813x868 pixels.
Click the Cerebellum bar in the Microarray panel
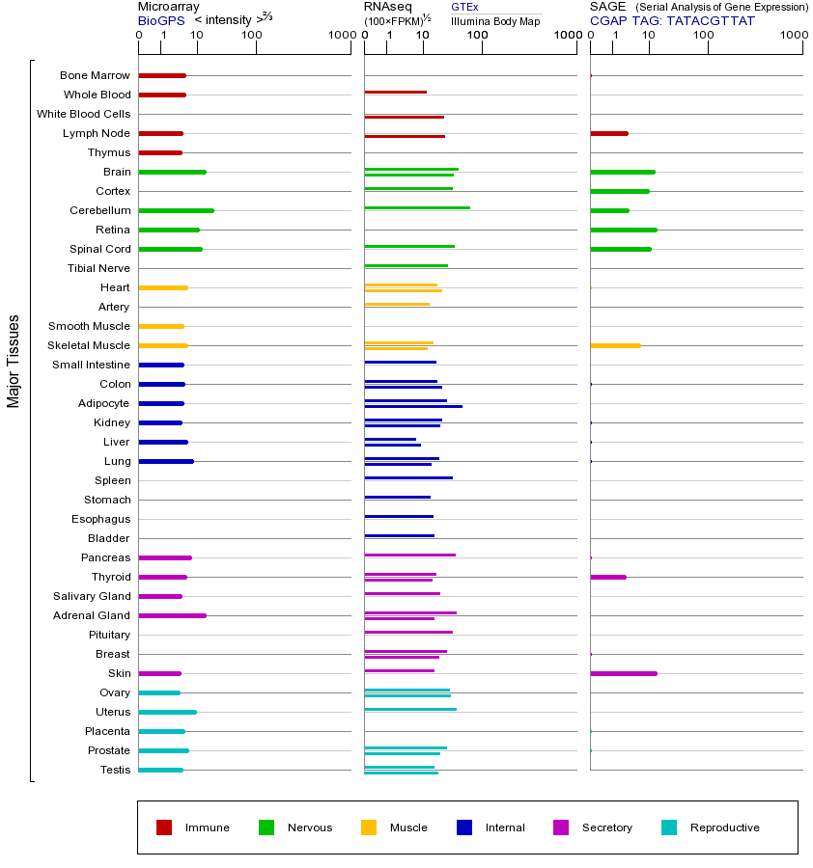click(176, 210)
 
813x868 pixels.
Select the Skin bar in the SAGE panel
click(623, 673)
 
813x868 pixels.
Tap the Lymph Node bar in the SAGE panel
click(608, 133)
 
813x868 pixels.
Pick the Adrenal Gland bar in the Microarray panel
click(172, 615)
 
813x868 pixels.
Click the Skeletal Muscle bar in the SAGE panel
click(615, 345)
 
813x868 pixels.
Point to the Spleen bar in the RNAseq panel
click(407, 477)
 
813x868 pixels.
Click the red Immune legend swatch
click(164, 827)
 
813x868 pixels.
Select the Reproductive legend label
click(724, 827)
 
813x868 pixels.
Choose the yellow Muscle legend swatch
click(369, 827)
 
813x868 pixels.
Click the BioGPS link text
click(159, 19)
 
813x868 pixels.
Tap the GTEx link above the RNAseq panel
click(464, 7)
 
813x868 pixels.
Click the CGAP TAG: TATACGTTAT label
click(672, 20)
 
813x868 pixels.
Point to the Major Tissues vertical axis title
click(14, 361)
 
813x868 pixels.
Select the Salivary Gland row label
click(93, 596)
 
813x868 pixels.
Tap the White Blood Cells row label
click(83, 114)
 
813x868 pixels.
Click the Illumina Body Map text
click(495, 20)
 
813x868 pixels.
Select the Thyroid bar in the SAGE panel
click(607, 577)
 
